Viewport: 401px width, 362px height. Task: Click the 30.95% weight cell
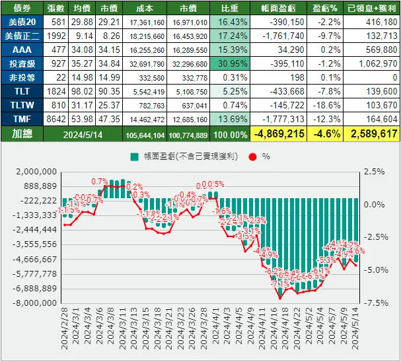click(x=227, y=63)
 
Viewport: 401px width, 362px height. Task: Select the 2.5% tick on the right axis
click(x=374, y=172)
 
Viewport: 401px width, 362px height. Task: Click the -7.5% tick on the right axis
click(x=374, y=303)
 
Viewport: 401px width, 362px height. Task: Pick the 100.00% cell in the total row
click(x=227, y=134)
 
